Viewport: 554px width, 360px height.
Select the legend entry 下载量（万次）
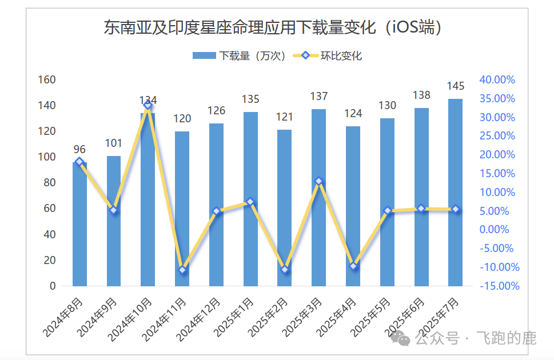pyautogui.click(x=240, y=55)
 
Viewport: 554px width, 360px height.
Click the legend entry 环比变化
pyautogui.click(x=328, y=55)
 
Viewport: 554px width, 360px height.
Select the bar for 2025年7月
pyautogui.click(x=455, y=194)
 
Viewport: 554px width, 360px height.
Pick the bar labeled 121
pyautogui.click(x=284, y=209)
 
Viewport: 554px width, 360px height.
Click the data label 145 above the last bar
pyautogui.click(x=456, y=86)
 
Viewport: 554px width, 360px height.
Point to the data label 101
pyautogui.click(x=114, y=143)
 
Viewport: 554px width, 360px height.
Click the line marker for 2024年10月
pyautogui.click(x=148, y=105)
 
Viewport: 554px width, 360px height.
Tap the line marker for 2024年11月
pyautogui.click(x=182, y=270)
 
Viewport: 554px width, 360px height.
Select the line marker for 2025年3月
pyautogui.click(x=319, y=181)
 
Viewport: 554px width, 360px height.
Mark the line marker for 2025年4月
pyautogui.click(x=353, y=266)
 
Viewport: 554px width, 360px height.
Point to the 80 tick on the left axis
pyautogui.click(x=49, y=183)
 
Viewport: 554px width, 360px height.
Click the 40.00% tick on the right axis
pyautogui.click(x=497, y=79)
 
